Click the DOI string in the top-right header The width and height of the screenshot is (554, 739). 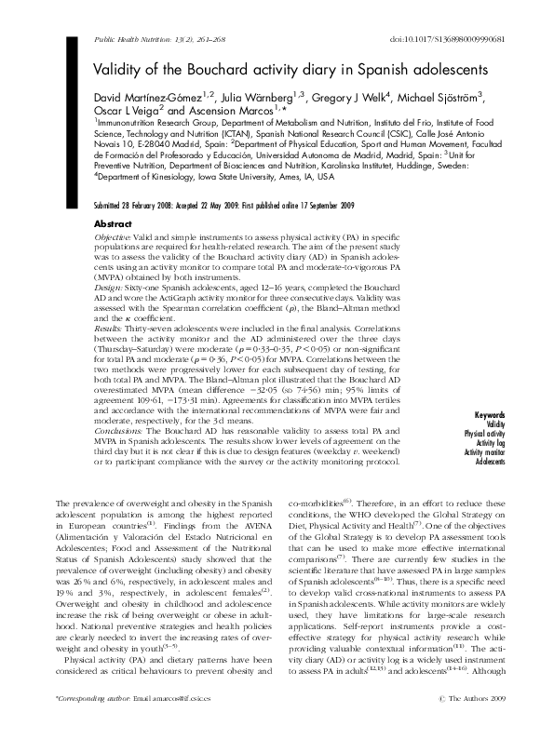pos(466,41)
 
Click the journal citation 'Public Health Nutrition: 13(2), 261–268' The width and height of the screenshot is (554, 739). pos(160,41)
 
